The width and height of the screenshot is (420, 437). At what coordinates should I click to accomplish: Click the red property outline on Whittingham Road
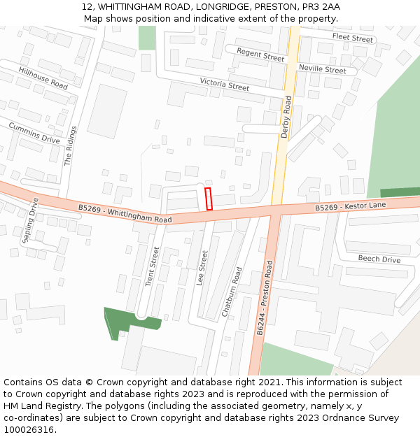tap(208, 199)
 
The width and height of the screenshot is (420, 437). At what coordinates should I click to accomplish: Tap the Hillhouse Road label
tap(43, 78)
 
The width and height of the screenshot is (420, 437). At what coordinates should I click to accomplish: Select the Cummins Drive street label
tap(34, 133)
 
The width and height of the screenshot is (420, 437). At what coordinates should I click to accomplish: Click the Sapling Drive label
tap(31, 220)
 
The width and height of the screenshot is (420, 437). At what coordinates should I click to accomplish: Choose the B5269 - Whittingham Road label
tap(125, 213)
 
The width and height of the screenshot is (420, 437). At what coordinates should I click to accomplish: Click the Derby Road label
tap(286, 117)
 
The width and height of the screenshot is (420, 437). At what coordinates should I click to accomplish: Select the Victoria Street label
tap(225, 85)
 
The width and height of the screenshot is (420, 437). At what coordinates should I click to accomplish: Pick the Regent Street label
tap(260, 55)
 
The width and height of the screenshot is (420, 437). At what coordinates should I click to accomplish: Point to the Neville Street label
tap(322, 69)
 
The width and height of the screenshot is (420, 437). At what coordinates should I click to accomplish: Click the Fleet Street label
tap(353, 38)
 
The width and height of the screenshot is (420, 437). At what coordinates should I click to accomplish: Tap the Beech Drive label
tap(379, 259)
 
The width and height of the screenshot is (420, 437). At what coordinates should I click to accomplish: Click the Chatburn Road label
tap(232, 292)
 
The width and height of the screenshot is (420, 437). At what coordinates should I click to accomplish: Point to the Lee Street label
tap(202, 268)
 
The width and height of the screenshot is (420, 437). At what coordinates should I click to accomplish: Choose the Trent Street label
tap(153, 266)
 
